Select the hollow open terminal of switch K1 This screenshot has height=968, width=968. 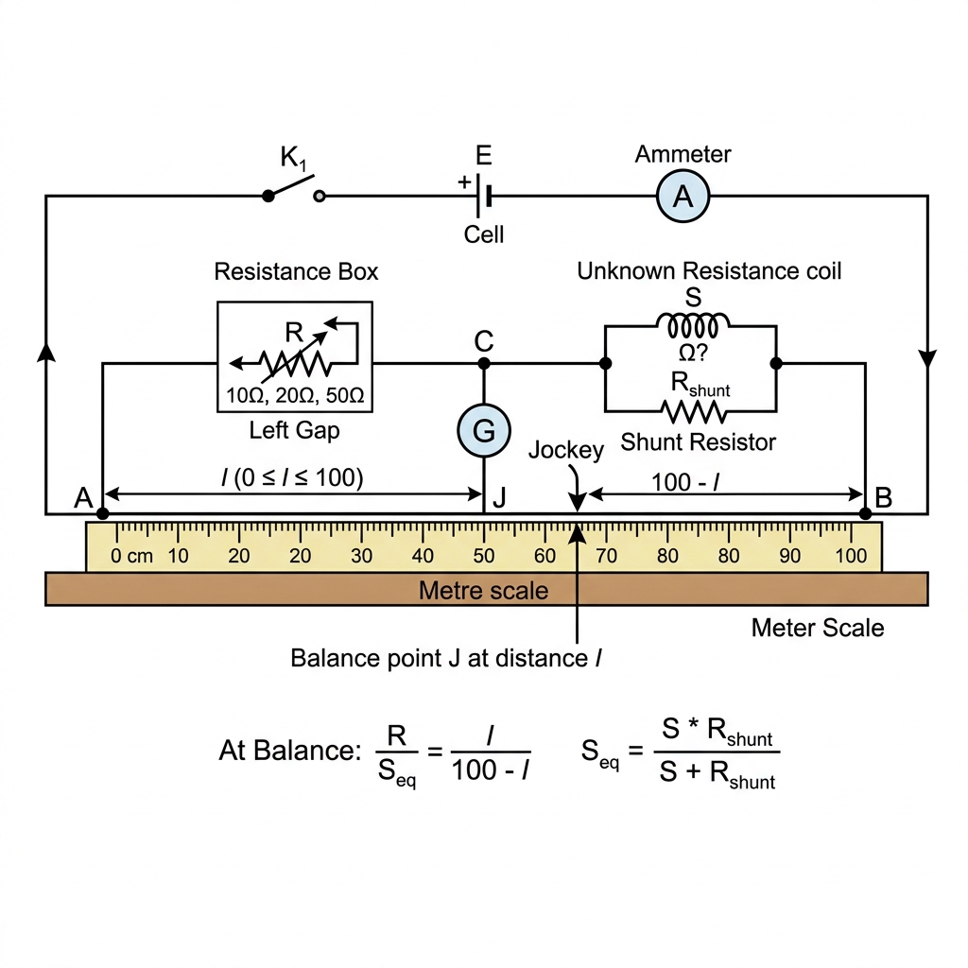coord(320,197)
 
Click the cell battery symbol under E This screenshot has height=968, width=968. coord(484,197)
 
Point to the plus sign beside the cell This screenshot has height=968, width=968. coord(464,182)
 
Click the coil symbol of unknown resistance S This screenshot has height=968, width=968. coord(693,325)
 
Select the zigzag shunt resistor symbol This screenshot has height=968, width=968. coord(693,412)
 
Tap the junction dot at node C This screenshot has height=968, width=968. coord(484,364)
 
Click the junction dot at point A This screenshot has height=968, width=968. coord(103,513)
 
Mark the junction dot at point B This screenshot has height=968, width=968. coord(866,513)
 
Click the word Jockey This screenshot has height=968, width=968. coord(566,450)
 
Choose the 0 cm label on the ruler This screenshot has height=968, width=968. coord(131,556)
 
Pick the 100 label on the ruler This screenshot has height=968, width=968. coord(852,556)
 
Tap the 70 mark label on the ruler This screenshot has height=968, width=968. coord(606,556)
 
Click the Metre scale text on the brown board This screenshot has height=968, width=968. coord(483,591)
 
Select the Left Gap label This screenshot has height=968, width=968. coord(295,430)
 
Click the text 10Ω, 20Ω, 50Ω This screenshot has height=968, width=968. coord(295,395)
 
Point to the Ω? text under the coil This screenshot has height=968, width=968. coord(693,354)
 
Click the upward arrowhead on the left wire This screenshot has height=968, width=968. coord(46,352)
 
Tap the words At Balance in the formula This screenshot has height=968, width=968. coord(290,751)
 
